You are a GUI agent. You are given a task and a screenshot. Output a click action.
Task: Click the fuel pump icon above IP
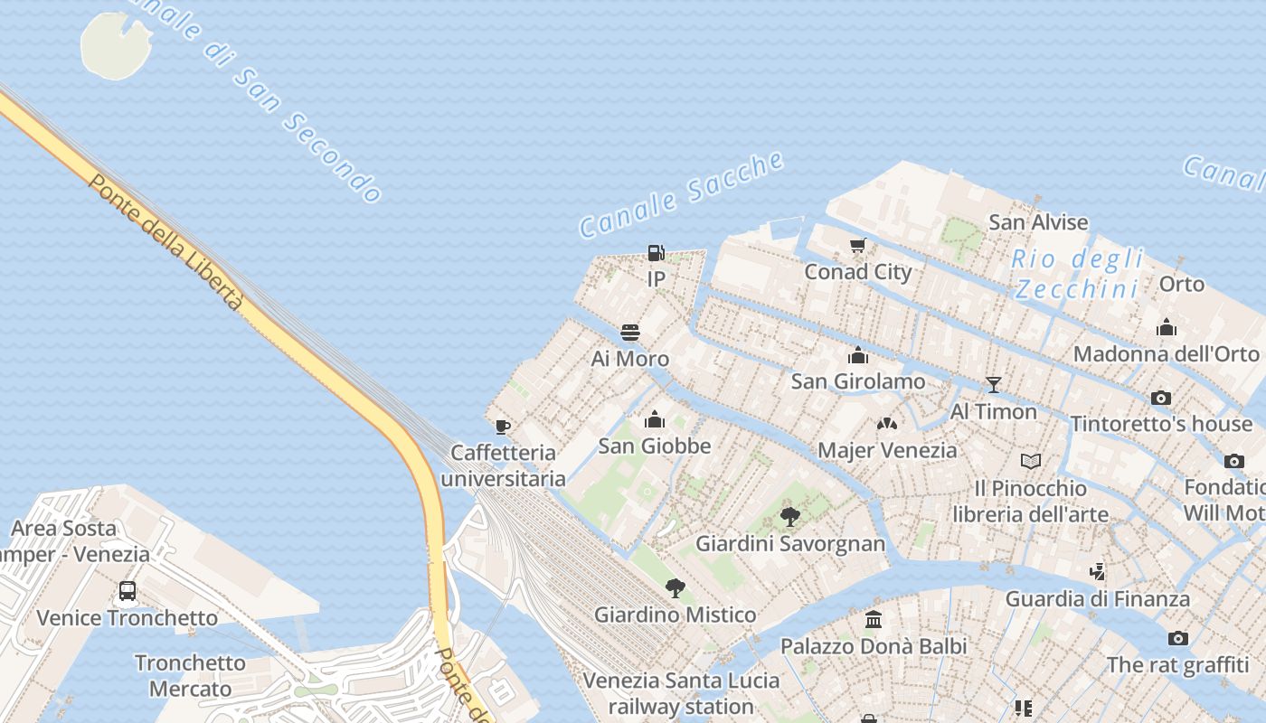coord(657,253)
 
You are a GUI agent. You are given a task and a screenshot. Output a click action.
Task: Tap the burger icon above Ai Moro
coord(630,333)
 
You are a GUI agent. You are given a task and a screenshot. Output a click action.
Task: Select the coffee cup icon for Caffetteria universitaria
coord(503,426)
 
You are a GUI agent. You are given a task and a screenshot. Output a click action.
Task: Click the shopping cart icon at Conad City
coord(858,245)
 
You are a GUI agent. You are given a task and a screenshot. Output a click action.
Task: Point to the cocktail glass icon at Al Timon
coord(994,385)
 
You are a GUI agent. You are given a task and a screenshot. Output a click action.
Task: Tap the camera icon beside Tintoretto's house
coord(1161,398)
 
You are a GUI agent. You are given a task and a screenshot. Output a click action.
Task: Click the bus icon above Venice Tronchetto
coord(128,591)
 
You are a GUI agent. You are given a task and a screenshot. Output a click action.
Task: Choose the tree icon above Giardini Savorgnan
coord(790,517)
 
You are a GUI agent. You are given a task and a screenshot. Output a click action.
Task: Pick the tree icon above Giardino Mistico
coord(675,588)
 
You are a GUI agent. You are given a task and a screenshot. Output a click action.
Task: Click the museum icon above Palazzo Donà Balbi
coord(874,620)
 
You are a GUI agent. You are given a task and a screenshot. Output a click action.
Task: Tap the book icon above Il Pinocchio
coord(1031,462)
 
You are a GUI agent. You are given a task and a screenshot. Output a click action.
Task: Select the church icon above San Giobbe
coord(655,419)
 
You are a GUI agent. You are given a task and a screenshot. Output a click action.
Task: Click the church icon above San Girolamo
coord(858,355)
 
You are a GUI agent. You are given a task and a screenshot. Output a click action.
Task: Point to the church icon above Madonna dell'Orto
coord(1167,327)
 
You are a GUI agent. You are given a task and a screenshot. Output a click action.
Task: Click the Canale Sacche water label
coord(681,195)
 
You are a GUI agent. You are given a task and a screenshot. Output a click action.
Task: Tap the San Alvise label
coord(1038,222)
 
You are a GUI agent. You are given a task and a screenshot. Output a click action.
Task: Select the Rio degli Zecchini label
coord(1076,274)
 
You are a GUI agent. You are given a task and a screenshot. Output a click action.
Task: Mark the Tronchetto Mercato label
coord(190,675)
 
